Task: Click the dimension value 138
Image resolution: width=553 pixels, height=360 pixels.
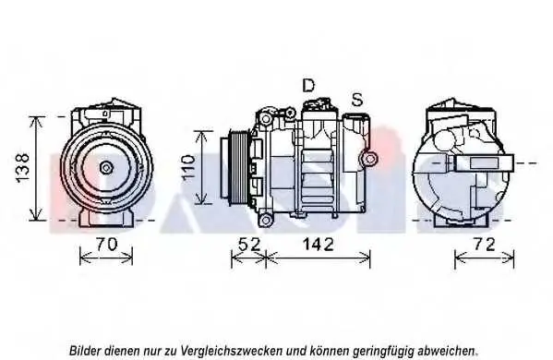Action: [22, 168]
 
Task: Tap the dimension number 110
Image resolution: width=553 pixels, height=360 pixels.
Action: [188, 167]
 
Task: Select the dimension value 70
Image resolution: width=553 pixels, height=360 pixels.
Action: [106, 245]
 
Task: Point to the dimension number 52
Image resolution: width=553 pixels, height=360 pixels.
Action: [249, 245]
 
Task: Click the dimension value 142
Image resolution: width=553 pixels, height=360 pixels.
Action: [318, 245]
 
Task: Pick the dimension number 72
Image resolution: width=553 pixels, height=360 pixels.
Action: [485, 244]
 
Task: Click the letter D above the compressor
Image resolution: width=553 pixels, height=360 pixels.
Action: [308, 85]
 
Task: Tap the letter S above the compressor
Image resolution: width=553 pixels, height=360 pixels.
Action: [357, 100]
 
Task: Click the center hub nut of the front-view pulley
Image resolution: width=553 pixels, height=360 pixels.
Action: [106, 167]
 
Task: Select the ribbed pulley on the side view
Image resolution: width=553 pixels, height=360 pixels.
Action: [239, 167]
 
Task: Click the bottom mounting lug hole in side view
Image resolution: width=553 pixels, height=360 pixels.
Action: [265, 220]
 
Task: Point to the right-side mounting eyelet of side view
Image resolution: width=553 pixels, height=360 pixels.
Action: [369, 159]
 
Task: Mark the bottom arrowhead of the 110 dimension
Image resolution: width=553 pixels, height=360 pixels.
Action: [201, 200]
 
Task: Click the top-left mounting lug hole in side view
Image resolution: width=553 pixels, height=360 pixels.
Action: [265, 119]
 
